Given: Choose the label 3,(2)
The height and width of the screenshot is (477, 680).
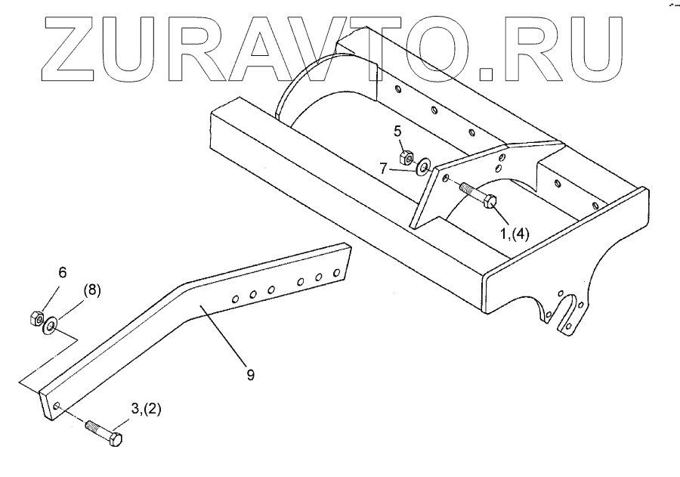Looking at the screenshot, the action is tap(147, 409).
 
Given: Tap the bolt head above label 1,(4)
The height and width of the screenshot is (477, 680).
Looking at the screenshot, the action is tap(488, 202).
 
